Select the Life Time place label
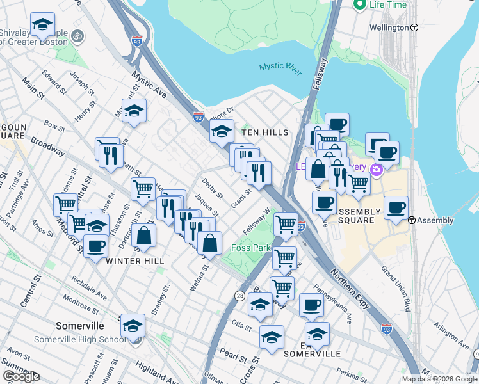tap(387, 4)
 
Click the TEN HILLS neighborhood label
tap(265, 132)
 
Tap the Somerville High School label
tap(80, 339)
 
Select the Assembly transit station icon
tap(411, 220)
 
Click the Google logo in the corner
tap(21, 376)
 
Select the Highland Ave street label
tap(157, 374)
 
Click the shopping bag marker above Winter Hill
tap(145, 235)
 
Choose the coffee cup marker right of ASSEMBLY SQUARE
tap(396, 207)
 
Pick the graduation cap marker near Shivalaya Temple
tap(42, 25)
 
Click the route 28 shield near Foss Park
tap(239, 295)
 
